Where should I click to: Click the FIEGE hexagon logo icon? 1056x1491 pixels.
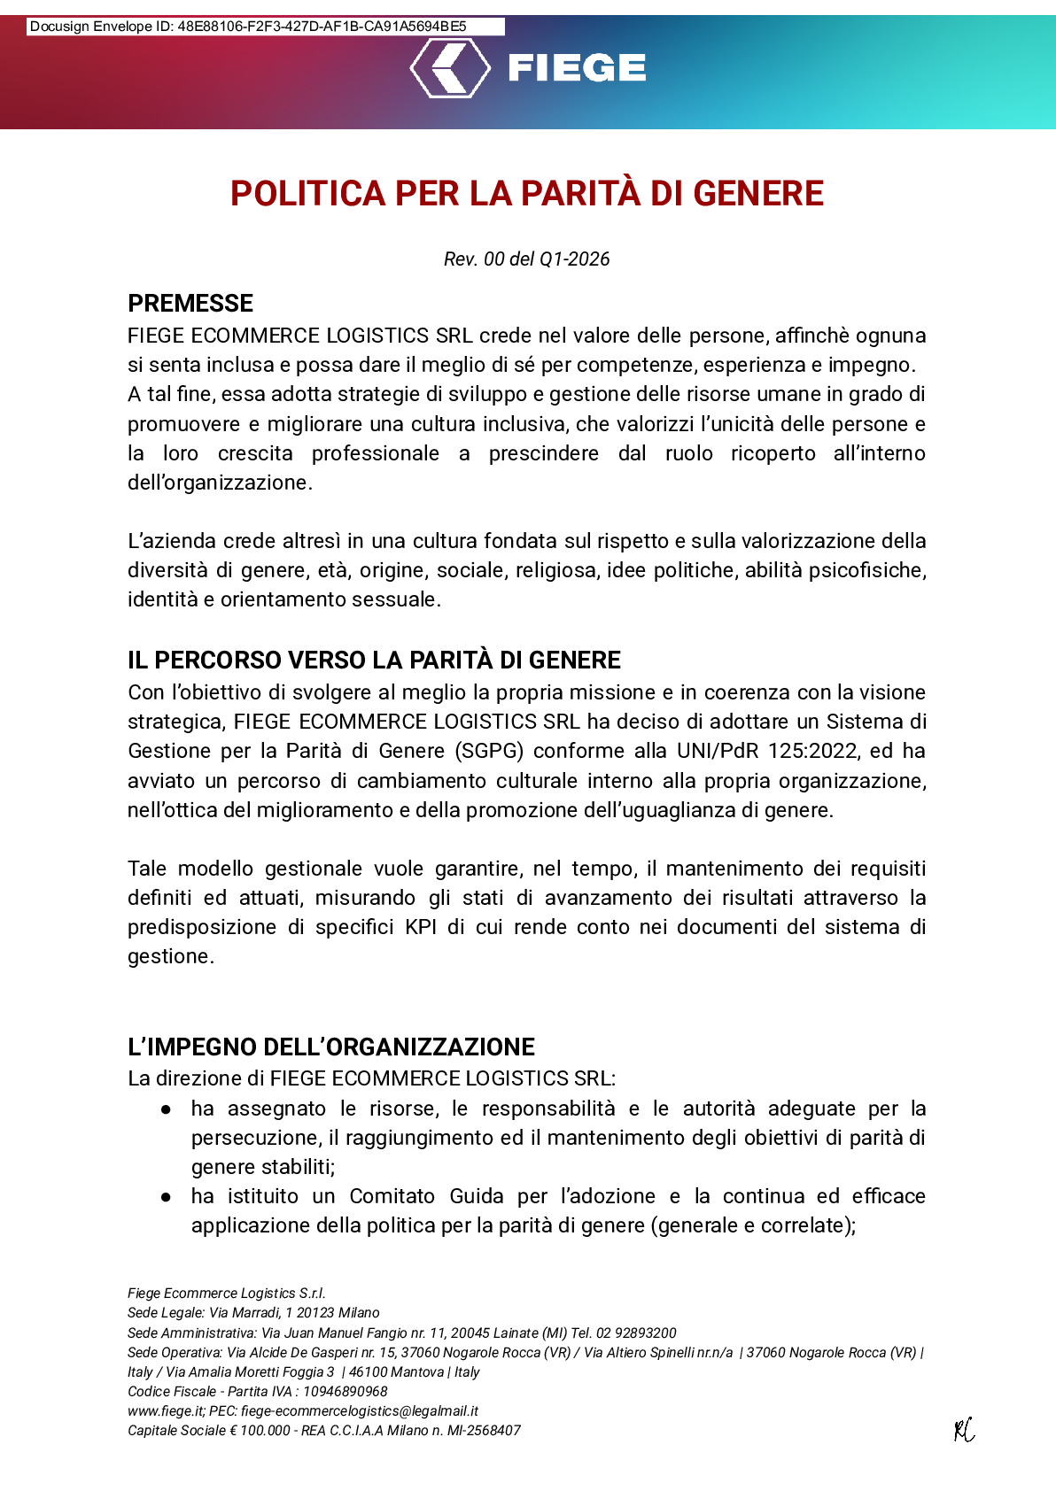450,67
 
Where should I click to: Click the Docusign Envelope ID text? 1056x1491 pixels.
248,27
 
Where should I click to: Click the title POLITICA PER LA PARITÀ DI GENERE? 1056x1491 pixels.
527,194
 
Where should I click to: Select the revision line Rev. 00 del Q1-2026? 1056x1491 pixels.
527,259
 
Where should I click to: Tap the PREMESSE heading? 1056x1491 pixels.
190,304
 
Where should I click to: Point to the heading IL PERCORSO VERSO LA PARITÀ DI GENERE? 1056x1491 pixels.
374,661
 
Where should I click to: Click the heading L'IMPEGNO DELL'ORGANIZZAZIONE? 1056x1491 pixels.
331,1047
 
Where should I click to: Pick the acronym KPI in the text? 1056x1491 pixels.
421,928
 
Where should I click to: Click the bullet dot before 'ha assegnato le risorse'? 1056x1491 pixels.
166,1109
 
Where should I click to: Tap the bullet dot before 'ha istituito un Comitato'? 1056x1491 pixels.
166,1197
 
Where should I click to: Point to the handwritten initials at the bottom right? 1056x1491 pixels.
964,1430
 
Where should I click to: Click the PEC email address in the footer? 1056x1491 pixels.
360,1411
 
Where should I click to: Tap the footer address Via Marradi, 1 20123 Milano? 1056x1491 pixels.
294,1313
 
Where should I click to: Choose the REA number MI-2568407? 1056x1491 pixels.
484,1431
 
